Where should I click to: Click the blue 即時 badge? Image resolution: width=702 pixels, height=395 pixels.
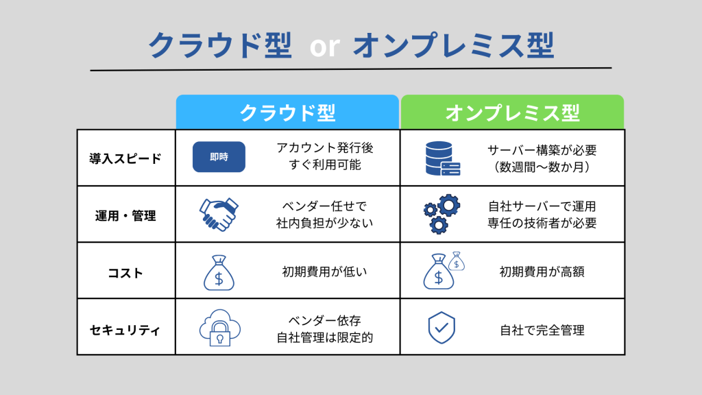click(219, 157)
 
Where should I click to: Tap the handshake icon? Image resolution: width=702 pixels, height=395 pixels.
click(219, 214)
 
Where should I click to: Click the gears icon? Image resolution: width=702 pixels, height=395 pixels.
click(441, 214)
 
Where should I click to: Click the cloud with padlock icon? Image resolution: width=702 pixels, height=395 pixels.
click(219, 328)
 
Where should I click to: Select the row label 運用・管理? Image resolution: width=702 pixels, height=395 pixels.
click(125, 215)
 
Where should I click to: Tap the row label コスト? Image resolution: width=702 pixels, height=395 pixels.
click(125, 272)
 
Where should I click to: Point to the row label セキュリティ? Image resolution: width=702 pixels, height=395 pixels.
click(125, 330)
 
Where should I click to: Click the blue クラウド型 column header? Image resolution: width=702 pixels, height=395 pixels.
click(287, 112)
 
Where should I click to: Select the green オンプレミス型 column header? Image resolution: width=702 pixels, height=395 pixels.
click(512, 112)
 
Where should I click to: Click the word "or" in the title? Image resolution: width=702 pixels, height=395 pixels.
click(324, 46)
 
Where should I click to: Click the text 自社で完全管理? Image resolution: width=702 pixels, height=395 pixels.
click(542, 330)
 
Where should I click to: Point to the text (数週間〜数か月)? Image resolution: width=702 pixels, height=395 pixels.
click(542, 166)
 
